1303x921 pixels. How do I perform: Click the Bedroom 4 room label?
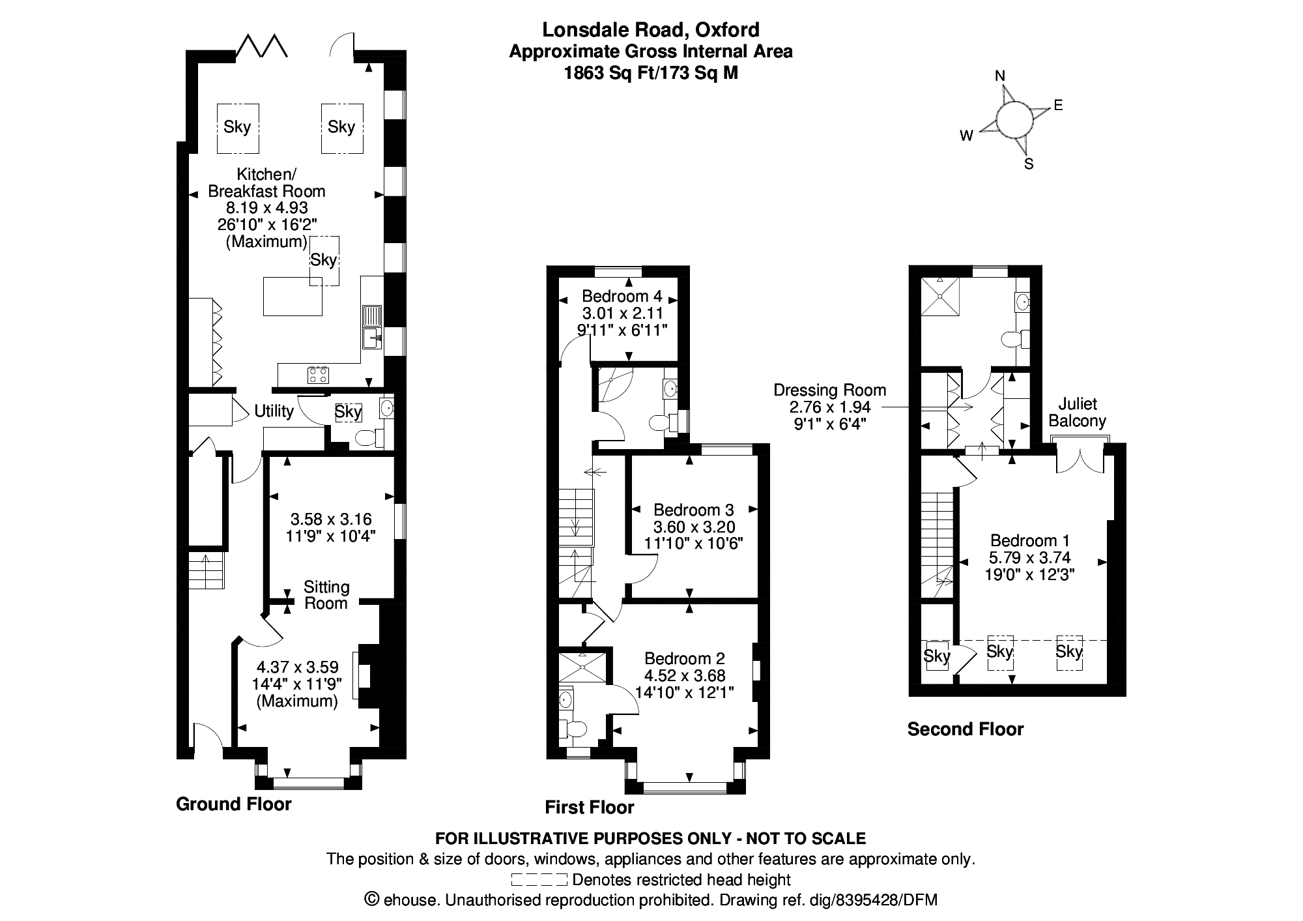point(622,296)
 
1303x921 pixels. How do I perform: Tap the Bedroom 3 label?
point(694,510)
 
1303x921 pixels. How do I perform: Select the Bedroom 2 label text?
point(684,658)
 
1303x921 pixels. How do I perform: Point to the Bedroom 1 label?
point(1030,540)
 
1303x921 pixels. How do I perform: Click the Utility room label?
point(274,411)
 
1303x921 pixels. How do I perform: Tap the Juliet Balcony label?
point(1078,413)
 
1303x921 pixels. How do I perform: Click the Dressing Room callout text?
point(829,390)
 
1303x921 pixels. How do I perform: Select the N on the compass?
point(1000,76)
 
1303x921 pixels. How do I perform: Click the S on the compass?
point(1029,164)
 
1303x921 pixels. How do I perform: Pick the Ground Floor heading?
point(233,804)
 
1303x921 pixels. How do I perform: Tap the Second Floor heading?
point(965,729)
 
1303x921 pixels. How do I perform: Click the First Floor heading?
point(589,808)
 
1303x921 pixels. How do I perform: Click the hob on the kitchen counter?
point(318,375)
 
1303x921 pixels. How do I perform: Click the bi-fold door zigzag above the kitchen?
point(261,47)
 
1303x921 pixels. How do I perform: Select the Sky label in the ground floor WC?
point(348,412)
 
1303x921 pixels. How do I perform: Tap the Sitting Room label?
point(326,595)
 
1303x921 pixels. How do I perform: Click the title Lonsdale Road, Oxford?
point(651,29)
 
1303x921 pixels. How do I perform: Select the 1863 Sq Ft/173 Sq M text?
point(651,73)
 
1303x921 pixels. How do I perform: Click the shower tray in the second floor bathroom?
point(940,297)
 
